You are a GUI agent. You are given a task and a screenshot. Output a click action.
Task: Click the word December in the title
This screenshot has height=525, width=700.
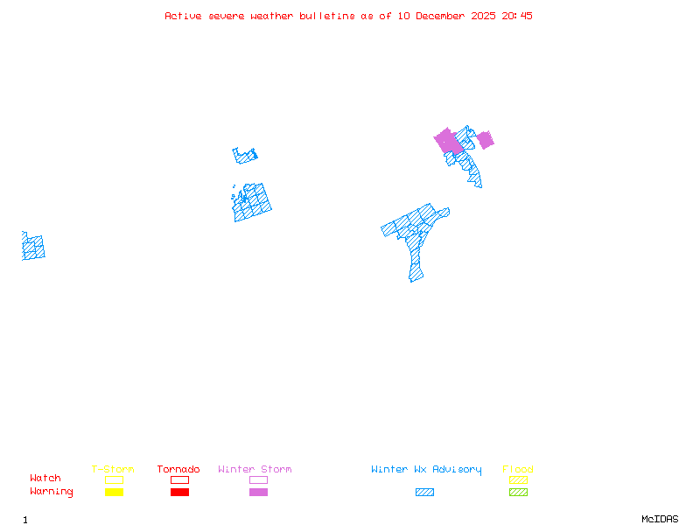(441, 16)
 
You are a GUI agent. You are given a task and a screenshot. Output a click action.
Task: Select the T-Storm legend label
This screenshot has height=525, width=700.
(113, 470)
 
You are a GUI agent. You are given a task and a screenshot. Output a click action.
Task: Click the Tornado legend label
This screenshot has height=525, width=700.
(178, 470)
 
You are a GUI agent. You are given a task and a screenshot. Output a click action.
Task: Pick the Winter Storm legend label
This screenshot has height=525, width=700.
(255, 470)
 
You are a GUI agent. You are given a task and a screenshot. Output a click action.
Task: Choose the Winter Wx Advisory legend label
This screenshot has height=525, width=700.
(426, 470)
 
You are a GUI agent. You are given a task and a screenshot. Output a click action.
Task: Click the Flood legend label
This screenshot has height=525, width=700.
(518, 470)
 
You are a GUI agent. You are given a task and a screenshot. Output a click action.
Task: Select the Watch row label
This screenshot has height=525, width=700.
(45, 479)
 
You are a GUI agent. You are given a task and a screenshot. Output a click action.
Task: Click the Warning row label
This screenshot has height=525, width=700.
(52, 492)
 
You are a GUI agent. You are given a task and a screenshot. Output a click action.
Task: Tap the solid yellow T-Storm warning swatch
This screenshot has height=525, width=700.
(114, 492)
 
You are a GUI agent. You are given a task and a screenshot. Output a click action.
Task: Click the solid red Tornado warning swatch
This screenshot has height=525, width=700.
(179, 492)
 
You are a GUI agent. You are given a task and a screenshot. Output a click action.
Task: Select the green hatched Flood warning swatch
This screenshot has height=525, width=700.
(518, 492)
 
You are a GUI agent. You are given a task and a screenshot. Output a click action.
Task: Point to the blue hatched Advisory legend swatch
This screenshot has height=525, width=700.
(424, 492)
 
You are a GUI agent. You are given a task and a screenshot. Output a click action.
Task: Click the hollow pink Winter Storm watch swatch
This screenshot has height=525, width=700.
(258, 479)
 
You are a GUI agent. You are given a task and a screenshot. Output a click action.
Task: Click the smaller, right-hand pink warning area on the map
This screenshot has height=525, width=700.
(485, 140)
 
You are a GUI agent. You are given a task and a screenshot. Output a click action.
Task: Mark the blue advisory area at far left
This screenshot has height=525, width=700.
(33, 247)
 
